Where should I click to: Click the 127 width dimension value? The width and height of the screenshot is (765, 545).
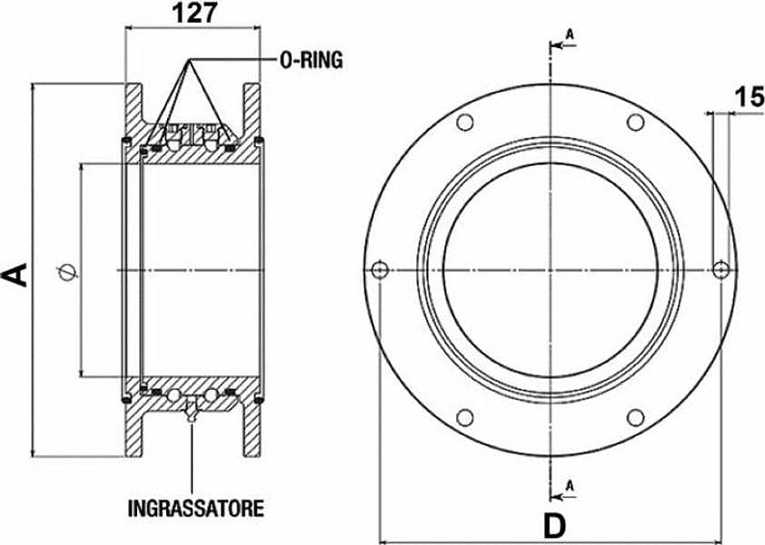(194, 14)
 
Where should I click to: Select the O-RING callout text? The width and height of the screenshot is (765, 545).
(312, 60)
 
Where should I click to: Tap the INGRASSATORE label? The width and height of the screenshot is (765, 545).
(196, 509)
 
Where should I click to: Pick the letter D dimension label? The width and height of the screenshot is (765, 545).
(555, 526)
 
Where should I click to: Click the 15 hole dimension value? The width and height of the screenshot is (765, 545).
(750, 96)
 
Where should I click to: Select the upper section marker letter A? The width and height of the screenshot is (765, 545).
(570, 35)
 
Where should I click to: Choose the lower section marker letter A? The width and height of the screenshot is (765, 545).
(570, 485)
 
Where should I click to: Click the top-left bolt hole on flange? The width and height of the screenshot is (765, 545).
(465, 122)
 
